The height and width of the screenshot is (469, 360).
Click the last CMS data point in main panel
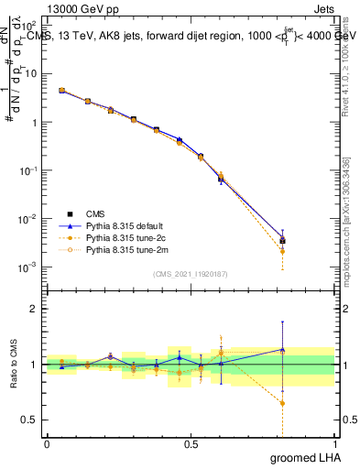pyautogui.click(x=283, y=241)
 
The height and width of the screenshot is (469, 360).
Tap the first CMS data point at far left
pyautogui.click(x=61, y=91)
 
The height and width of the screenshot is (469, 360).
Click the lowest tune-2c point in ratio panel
pyautogui.click(x=283, y=403)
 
